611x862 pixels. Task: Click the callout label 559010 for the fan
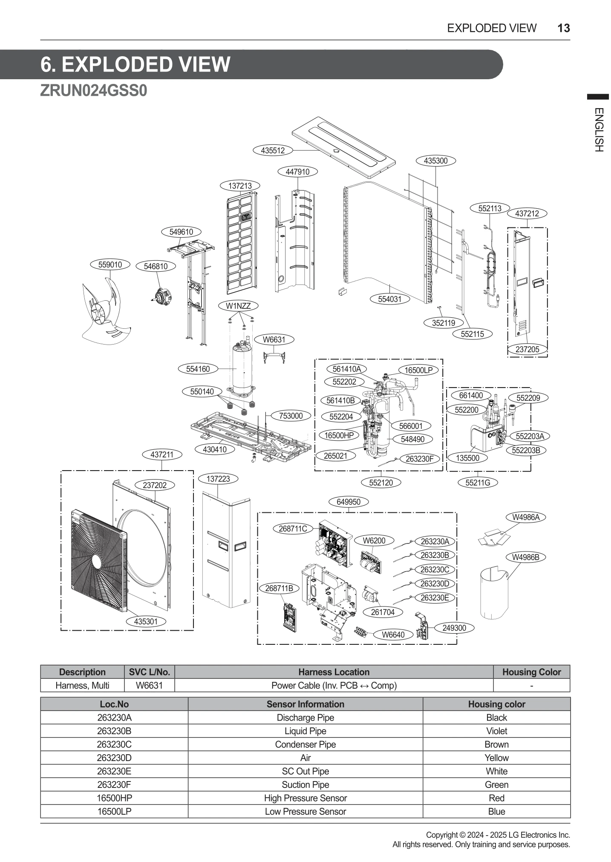(x=110, y=264)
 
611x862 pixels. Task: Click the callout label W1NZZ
(x=238, y=306)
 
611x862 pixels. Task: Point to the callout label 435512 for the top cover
(x=273, y=150)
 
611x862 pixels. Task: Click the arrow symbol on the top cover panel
(x=336, y=150)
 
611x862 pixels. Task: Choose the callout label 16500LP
(x=418, y=370)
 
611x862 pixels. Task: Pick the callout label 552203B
(x=526, y=450)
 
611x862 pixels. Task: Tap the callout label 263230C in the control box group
(x=435, y=569)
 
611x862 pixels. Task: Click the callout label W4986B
(x=525, y=557)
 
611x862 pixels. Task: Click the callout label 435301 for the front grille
(x=146, y=621)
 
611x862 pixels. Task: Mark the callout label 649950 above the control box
(x=349, y=502)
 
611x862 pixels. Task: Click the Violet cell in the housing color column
(x=496, y=731)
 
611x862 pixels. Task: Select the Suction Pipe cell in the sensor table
(x=305, y=784)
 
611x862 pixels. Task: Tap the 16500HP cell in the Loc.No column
(x=114, y=798)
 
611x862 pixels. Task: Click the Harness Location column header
(x=334, y=672)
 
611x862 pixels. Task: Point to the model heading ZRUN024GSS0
(x=93, y=91)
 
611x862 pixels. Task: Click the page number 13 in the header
(x=563, y=28)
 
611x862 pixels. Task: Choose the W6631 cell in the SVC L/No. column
(x=149, y=685)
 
